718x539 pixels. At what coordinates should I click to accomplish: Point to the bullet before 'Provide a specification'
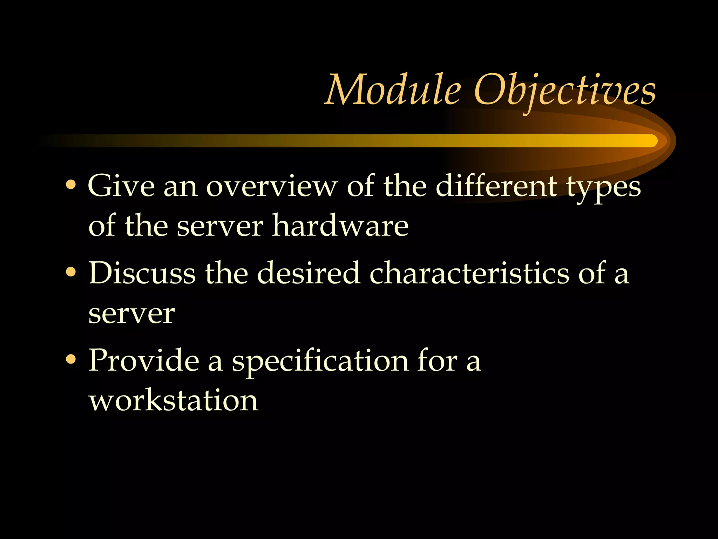[x=71, y=359]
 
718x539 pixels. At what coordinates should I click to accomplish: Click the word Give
[x=121, y=186]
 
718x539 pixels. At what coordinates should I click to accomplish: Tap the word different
[x=496, y=186]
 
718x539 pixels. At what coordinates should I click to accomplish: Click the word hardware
[x=340, y=225]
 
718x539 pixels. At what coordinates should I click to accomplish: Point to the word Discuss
[x=142, y=273]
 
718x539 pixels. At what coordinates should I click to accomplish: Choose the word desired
[x=309, y=273]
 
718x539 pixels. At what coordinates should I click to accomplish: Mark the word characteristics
[x=469, y=273]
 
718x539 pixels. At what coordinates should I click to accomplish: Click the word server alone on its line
[x=131, y=313]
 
